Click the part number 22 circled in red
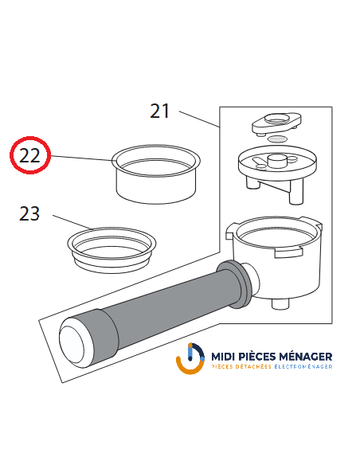pyautogui.click(x=29, y=155)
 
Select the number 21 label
pyautogui.click(x=160, y=111)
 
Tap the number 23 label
pyautogui.click(x=29, y=213)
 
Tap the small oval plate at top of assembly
pyautogui.click(x=275, y=122)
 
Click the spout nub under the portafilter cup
pyautogui.click(x=281, y=303)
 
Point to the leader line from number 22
pyautogui.click(x=80, y=158)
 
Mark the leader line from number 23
pyautogui.click(x=68, y=222)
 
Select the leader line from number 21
pyautogui.click(x=199, y=119)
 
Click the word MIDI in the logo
pyautogui.click(x=229, y=357)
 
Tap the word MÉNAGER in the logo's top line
pyautogui.click(x=307, y=357)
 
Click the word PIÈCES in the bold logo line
pyautogui.click(x=263, y=357)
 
